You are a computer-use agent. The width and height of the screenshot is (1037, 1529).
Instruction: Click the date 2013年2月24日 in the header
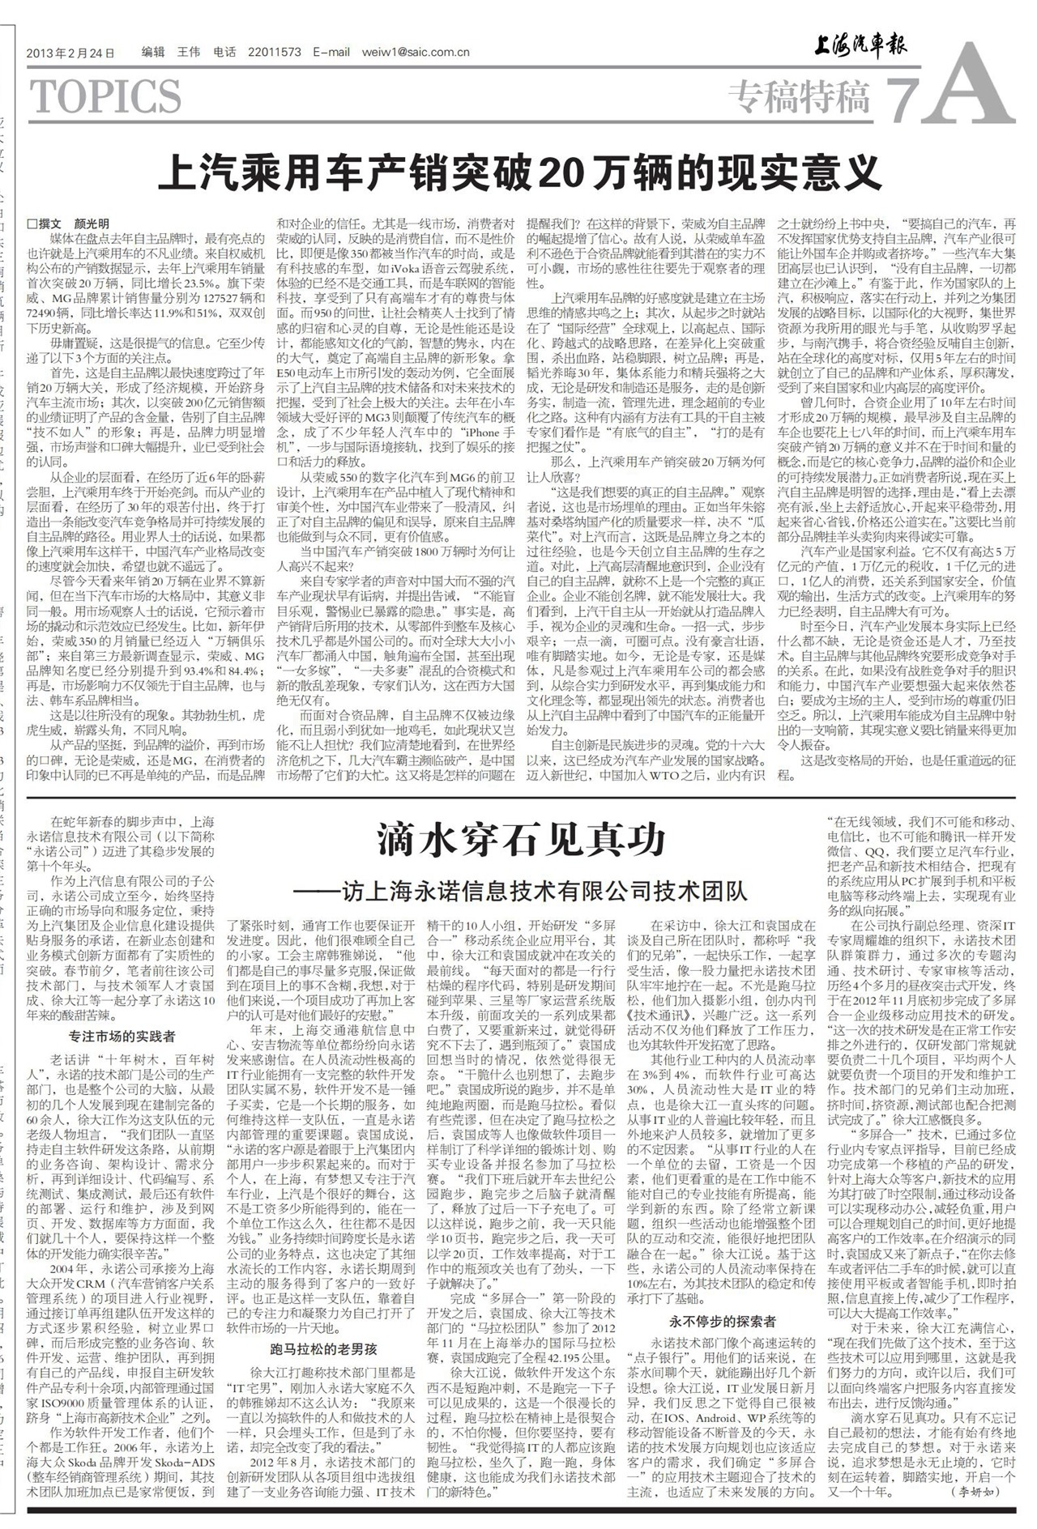[71, 53]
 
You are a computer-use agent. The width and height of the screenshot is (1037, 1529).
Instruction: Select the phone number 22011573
[275, 53]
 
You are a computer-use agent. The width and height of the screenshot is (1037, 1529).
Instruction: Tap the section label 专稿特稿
[799, 97]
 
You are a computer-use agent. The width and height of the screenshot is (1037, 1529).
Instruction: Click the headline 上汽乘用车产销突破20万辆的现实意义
[518, 172]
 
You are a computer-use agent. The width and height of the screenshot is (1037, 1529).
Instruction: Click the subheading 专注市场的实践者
[122, 1036]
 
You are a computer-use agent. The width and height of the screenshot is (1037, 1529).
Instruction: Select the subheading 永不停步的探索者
[716, 1322]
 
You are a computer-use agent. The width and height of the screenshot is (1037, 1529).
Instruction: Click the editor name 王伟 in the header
[188, 53]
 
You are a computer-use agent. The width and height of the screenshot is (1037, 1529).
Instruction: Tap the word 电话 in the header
[224, 53]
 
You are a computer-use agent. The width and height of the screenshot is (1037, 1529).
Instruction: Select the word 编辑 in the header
[152, 53]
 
